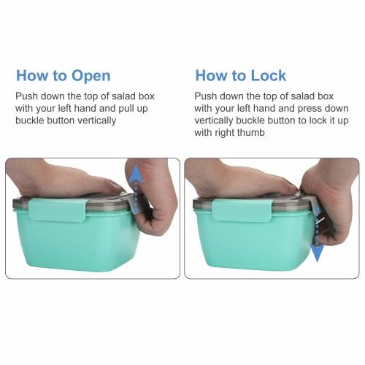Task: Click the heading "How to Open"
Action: coord(64,75)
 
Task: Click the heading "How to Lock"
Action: coord(239,75)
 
